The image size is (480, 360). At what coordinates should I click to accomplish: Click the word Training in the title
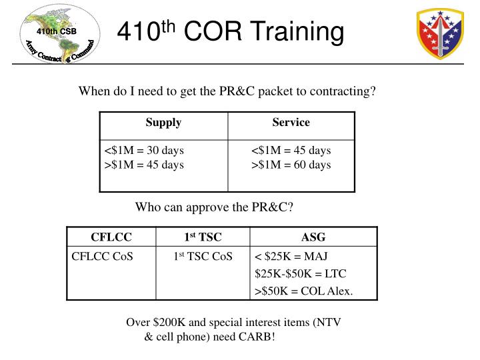pos(289,32)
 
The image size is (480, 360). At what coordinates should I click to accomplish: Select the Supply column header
pos(163,123)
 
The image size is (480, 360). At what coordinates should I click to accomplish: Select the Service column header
pos(291,123)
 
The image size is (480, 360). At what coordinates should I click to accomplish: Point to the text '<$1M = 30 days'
pos(144,150)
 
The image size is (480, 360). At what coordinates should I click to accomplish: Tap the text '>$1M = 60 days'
pos(291,165)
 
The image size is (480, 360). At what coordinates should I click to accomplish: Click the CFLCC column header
pos(111,237)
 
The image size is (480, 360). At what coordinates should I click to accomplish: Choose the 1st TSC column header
pos(203,237)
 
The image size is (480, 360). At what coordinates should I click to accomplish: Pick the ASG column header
pos(313,237)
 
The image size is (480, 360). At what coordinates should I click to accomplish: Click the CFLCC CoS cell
pos(102,256)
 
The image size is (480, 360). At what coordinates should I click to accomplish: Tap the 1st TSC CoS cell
pos(203,256)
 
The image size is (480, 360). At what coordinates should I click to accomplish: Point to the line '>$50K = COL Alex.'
pos(304,291)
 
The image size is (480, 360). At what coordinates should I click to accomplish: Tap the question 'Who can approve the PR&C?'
pos(214,207)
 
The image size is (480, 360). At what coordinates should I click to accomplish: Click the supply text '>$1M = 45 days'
pos(144,165)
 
